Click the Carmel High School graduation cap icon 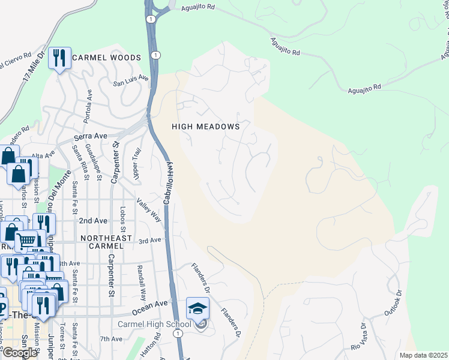point(197,308)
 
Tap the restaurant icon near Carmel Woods point(59,58)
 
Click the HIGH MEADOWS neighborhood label point(205,127)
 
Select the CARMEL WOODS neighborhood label point(106,58)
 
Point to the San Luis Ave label point(131,79)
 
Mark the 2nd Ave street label point(93,221)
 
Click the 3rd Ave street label point(150,241)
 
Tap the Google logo point(19,353)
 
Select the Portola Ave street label point(89,104)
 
